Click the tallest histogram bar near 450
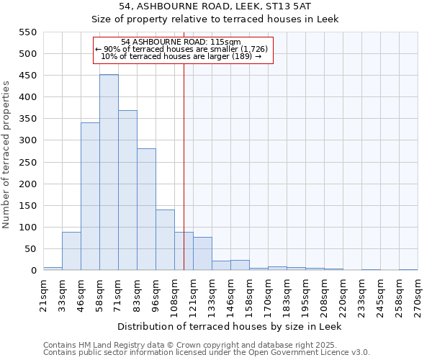(x=109, y=173)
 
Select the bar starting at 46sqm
(x=90, y=197)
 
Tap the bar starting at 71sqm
(x=127, y=191)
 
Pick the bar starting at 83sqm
(x=146, y=210)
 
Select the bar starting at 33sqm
(x=71, y=251)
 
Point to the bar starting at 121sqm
(x=202, y=254)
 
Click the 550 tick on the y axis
(x=27, y=32)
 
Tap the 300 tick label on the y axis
(x=27, y=140)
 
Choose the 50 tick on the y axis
(x=30, y=249)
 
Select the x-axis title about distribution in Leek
(x=230, y=326)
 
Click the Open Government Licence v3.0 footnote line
(x=206, y=353)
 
